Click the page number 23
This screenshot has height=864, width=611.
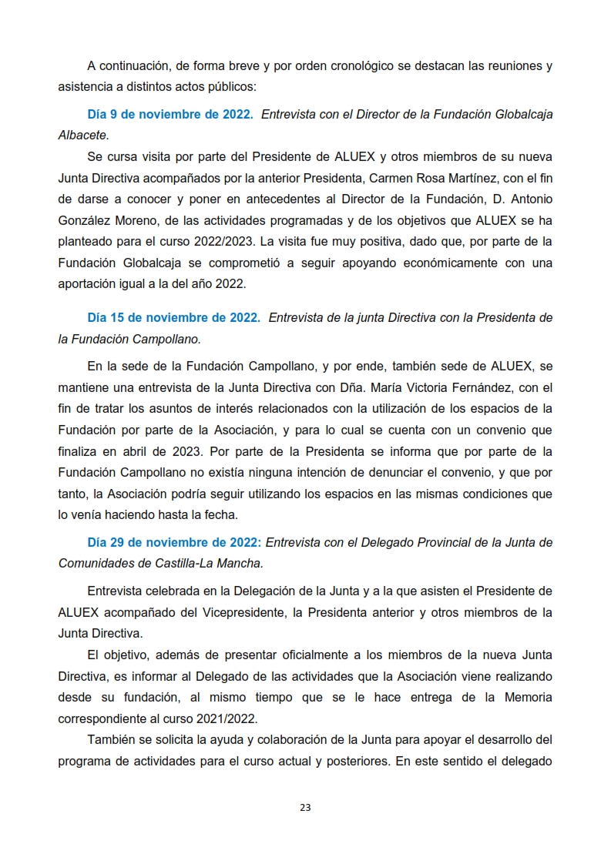[305, 808]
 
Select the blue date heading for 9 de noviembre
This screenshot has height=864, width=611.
[170, 114]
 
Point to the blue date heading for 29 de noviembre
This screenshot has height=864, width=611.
[175, 542]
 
